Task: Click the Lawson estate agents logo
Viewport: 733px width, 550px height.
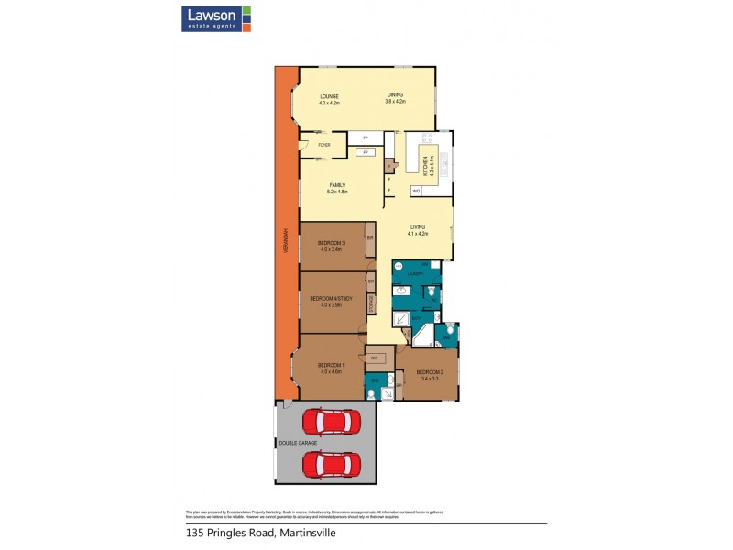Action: click(212, 18)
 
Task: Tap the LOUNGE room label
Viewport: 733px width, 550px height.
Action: click(329, 96)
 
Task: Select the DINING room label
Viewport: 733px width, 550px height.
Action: click(395, 95)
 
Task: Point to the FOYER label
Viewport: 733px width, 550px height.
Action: click(323, 145)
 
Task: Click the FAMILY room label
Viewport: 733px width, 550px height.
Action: click(337, 185)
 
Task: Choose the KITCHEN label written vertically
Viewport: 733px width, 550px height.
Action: click(425, 164)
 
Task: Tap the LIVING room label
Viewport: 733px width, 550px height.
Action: click(418, 226)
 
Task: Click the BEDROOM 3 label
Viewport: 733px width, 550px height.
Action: click(332, 243)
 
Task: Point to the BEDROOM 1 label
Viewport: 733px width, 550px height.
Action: click(331, 365)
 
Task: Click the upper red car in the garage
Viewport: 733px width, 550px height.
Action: click(330, 422)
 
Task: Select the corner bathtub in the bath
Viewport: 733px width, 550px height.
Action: click(423, 336)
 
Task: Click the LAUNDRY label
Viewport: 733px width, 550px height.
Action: click(415, 273)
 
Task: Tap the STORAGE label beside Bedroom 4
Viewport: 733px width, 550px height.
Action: click(370, 302)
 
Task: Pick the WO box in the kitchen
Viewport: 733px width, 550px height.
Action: click(416, 191)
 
